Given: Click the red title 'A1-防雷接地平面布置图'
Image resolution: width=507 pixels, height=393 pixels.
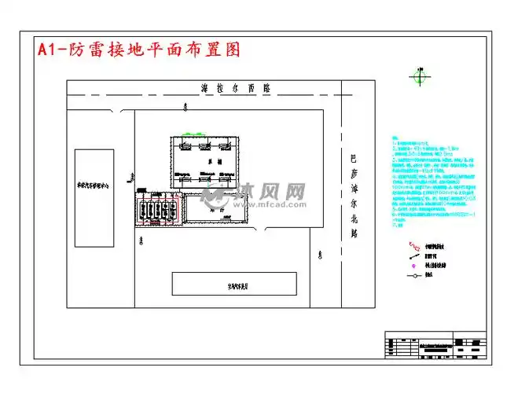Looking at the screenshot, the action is point(138,50).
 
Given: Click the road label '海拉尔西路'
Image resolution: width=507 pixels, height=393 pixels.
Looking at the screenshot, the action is point(235,88).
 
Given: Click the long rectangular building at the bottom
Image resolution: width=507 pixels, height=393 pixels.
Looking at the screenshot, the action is point(234,284).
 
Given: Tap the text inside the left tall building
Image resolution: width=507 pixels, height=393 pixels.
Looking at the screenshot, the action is point(95,189).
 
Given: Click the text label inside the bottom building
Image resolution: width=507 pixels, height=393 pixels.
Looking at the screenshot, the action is point(234,285).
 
